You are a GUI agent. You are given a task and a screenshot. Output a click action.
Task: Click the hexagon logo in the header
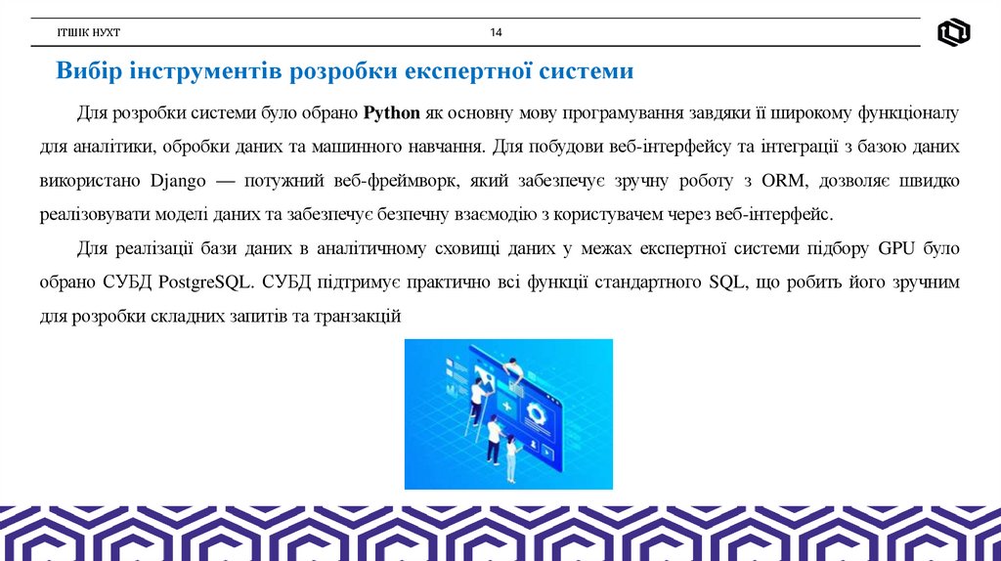(x=953, y=33)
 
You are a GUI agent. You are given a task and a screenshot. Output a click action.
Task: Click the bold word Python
(x=391, y=113)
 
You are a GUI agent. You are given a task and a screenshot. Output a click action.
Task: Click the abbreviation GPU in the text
(x=896, y=249)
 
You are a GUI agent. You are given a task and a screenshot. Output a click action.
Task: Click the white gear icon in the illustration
(x=535, y=411)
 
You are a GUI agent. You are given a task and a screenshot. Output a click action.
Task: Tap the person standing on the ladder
(x=478, y=398)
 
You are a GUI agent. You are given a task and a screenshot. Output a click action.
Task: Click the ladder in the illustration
(x=470, y=426)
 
